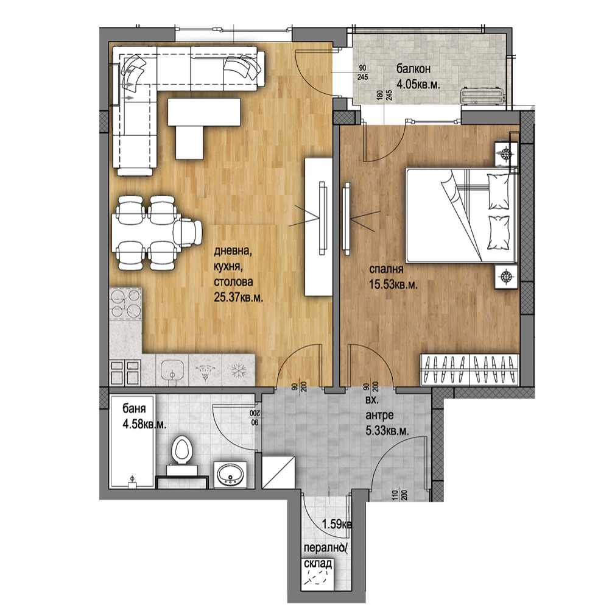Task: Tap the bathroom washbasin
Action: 230,474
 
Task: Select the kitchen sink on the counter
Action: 172,369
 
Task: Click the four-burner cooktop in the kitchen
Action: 125,303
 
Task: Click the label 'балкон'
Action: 413,69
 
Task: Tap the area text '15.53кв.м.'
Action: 393,285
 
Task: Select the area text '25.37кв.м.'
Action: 238,297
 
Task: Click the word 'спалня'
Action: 386,269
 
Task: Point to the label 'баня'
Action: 134,409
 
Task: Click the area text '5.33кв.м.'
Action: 387,431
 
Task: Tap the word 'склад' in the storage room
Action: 318,564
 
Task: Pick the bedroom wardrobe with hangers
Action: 469,370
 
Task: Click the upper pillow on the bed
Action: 498,191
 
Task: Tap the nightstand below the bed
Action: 506,277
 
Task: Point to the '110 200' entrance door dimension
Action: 399,497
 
